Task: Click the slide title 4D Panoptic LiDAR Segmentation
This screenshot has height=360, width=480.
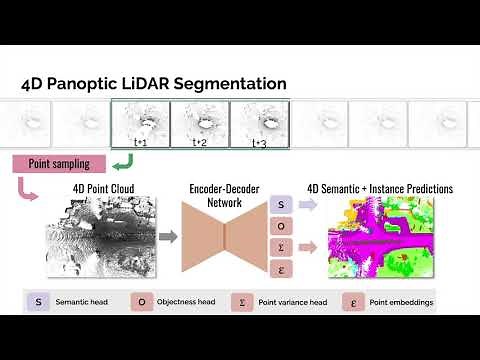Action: pyautogui.click(x=154, y=85)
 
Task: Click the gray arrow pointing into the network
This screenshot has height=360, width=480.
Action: pyautogui.click(x=168, y=237)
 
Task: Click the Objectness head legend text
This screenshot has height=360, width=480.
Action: pyautogui.click(x=187, y=301)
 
